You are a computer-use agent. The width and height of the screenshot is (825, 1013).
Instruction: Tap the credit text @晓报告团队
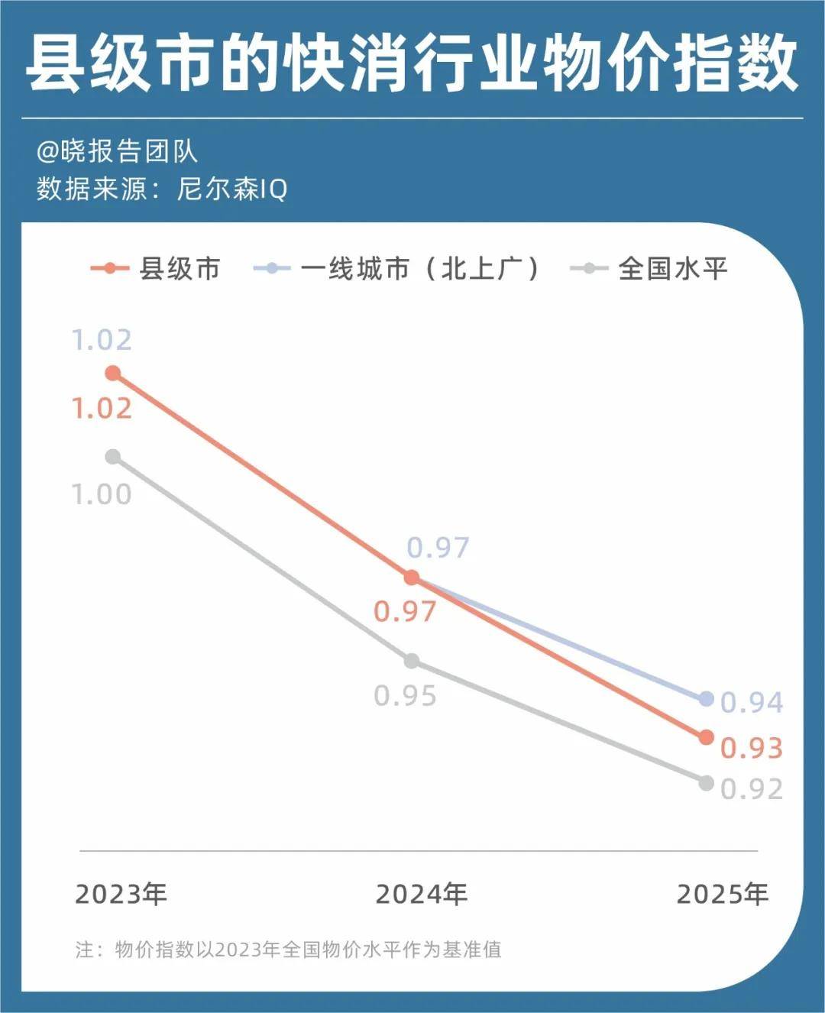point(117,151)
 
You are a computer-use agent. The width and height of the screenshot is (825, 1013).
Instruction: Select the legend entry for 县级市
point(156,269)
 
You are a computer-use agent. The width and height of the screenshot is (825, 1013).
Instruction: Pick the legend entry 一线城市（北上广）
point(397,269)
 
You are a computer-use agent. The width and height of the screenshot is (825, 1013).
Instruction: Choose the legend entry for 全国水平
point(649,269)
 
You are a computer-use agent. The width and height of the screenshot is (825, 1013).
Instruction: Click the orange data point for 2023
point(113,373)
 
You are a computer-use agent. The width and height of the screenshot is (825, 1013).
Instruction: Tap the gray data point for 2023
point(113,457)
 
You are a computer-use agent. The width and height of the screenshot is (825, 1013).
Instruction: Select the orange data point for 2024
point(412,578)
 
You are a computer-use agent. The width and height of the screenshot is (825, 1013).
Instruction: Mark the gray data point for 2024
point(412,661)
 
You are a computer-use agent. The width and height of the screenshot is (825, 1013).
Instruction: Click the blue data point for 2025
point(707,699)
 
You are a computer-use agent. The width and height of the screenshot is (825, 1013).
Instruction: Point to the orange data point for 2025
point(707,737)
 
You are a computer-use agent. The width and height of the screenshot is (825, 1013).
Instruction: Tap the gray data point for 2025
point(707,783)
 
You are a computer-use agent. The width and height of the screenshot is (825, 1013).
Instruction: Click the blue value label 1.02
point(102,340)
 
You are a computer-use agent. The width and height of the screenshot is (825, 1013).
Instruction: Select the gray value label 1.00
point(102,494)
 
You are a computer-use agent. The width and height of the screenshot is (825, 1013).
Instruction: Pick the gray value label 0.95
point(405,696)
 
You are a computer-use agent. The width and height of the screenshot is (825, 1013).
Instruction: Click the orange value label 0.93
point(752,749)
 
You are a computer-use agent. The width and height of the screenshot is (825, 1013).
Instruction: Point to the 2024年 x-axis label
point(422,894)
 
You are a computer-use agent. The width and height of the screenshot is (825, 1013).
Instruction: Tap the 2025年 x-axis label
point(723,894)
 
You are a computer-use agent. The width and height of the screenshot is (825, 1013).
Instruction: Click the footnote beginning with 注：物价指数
point(289,950)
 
